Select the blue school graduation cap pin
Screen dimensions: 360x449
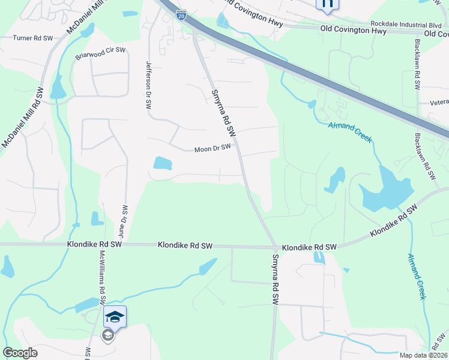pos(115,317)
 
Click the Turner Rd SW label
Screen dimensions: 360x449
pos(33,38)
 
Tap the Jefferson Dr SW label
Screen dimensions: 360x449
pos(149,84)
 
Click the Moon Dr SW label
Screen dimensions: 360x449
pos(212,148)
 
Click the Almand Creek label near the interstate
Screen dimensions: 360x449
pos(350,132)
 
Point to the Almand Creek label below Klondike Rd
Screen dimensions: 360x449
pos(417,277)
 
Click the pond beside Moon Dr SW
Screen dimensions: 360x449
pos(162,163)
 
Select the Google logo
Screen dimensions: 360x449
pos(20,353)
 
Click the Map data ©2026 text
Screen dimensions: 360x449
pos(423,355)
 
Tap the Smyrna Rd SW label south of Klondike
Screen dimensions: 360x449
pos(275,281)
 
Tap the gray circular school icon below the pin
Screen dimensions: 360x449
pos(108,335)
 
